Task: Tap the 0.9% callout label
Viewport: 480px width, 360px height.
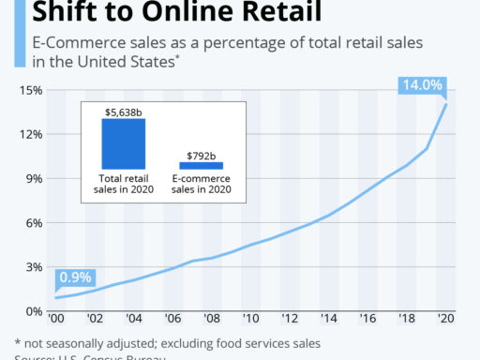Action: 77,277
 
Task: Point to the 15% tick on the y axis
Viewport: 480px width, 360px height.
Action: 32,90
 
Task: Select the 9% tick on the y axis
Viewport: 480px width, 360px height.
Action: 34,178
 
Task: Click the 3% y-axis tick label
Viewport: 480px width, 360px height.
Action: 34,267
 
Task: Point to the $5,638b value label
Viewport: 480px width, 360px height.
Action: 124,111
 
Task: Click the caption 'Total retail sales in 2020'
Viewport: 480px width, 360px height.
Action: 125,184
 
